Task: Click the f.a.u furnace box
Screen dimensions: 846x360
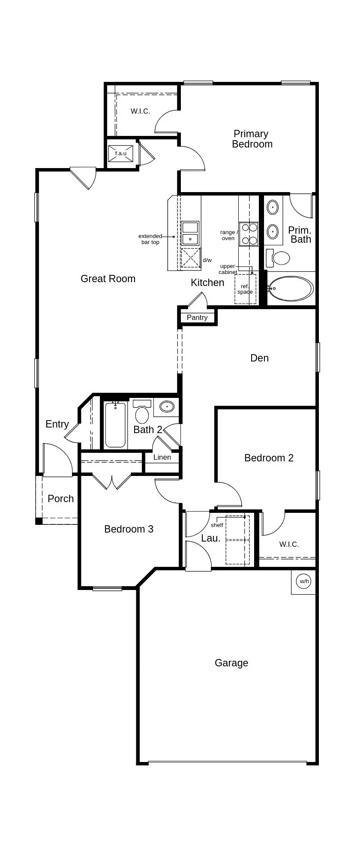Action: click(x=120, y=154)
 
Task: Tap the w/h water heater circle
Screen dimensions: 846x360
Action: click(x=304, y=581)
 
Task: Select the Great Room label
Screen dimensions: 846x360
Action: click(x=108, y=279)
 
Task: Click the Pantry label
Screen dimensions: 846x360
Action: click(x=197, y=318)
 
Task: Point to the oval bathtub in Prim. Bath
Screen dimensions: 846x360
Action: click(x=291, y=288)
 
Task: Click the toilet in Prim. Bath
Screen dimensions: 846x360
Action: click(x=279, y=258)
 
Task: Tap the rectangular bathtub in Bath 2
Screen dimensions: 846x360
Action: click(x=116, y=425)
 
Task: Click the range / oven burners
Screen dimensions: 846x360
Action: click(x=249, y=234)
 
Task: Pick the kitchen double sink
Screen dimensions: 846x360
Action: click(x=190, y=233)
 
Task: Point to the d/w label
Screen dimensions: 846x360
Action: click(x=207, y=260)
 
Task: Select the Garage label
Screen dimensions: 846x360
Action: click(x=231, y=663)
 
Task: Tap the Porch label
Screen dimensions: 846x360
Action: click(x=60, y=499)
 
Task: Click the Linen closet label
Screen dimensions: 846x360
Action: click(x=162, y=457)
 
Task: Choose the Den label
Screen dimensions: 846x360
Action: click(x=259, y=358)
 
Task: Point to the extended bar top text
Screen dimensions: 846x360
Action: click(x=150, y=239)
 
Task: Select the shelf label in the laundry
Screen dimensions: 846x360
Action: click(x=217, y=525)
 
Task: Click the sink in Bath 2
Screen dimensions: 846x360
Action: click(x=166, y=406)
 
